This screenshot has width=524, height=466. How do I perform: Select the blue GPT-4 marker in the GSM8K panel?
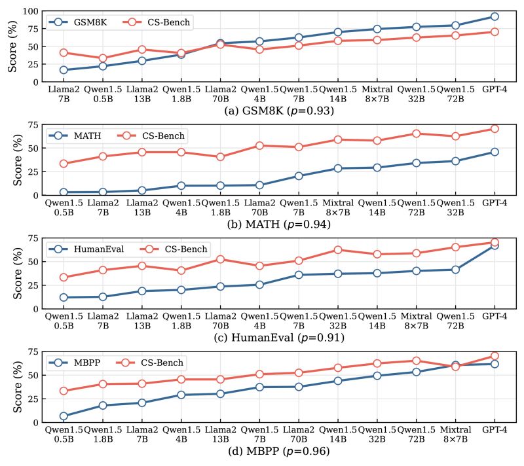pos(495,16)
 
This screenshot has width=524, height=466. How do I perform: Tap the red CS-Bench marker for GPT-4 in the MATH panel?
pos(495,129)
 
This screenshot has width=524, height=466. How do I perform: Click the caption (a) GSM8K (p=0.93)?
pos(280,111)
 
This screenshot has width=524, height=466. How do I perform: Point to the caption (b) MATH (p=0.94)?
pos(280,224)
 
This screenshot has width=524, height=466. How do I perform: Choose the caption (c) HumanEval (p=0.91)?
pos(280,338)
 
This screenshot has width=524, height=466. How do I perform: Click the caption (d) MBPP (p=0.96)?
pos(280,451)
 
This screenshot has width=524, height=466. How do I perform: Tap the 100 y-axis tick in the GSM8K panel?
pos(28,11)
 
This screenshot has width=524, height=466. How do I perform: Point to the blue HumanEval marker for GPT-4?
pos(495,245)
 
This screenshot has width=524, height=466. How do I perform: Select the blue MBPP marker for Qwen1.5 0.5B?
pos(64,416)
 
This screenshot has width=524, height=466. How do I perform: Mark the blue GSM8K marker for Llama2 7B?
pos(64,70)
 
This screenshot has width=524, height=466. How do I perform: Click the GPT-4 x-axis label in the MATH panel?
pos(495,204)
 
